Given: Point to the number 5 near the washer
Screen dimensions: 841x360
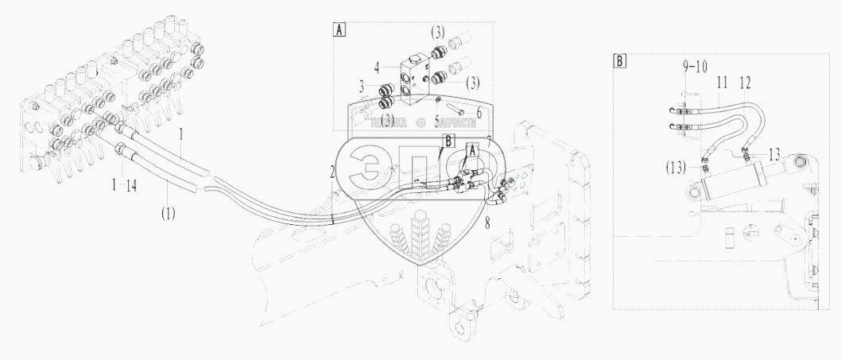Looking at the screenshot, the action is pos(437,122).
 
